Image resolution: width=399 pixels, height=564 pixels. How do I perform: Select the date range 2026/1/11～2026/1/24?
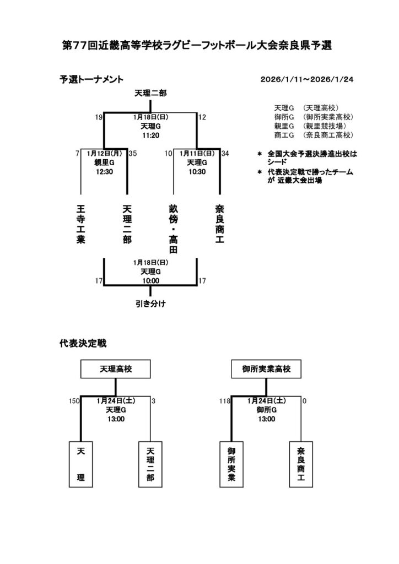(307, 79)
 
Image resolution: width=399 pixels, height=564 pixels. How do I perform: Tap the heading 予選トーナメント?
(91, 79)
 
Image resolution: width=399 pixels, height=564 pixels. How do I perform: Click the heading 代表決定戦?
(83, 343)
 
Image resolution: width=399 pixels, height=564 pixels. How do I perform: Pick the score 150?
(75, 401)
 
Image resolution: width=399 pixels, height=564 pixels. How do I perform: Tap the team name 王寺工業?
(81, 225)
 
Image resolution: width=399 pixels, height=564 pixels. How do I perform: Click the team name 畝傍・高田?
(174, 229)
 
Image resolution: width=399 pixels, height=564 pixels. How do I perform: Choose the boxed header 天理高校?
(116, 368)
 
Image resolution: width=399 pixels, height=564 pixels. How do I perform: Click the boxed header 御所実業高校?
(266, 368)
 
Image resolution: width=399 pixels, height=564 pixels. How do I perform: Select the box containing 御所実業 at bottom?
(231, 465)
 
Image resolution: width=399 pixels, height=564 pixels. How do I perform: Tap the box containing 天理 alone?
(81, 465)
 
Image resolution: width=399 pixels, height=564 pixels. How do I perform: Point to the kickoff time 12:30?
(104, 171)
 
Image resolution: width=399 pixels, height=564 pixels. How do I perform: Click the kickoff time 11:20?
(150, 134)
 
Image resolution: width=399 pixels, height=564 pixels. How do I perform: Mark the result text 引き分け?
(150, 303)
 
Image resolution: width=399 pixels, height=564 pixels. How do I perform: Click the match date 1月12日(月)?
(104, 154)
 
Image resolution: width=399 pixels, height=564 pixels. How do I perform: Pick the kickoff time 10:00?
(150, 280)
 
